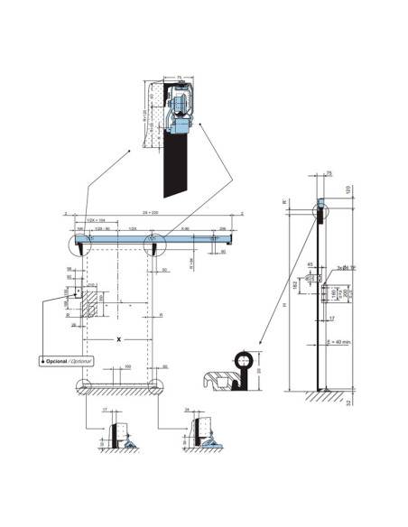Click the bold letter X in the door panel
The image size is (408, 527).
(x=118, y=339)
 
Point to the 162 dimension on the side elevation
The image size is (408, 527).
(x=295, y=284)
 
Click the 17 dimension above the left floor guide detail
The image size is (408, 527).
(x=105, y=411)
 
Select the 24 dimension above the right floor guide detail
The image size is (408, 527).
(x=186, y=411)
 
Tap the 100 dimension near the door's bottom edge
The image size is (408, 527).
(x=128, y=366)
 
